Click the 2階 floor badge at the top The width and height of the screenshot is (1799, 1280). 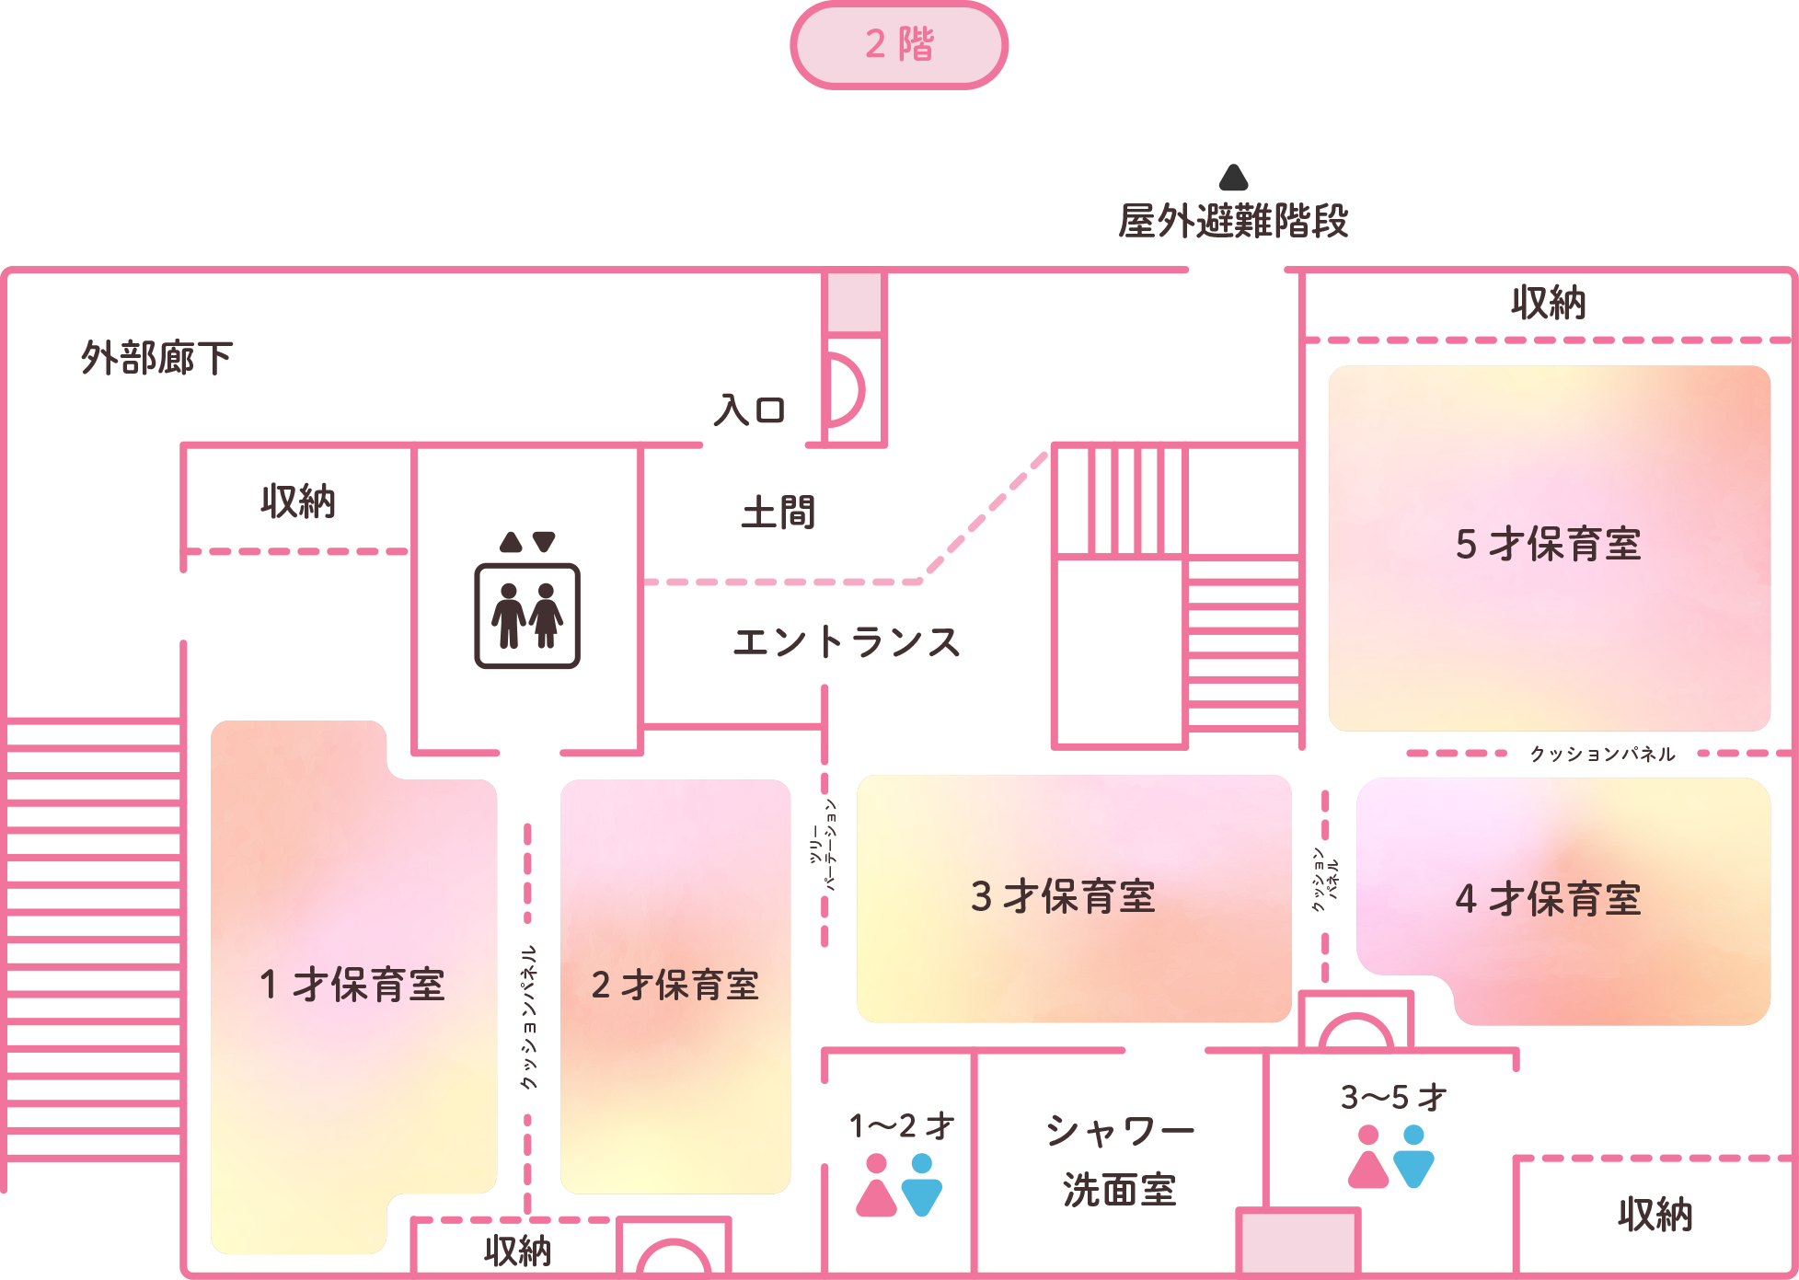tap(899, 45)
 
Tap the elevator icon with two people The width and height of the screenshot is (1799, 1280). tap(526, 615)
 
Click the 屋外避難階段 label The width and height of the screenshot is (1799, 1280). tap(1233, 221)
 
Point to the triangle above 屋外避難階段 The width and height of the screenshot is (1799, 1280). tap(1233, 177)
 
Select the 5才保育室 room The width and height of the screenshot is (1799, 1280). tap(1549, 547)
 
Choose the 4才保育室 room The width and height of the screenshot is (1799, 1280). tap(1549, 900)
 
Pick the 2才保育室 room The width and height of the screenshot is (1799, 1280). tap(675, 986)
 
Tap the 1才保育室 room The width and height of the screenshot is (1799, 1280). tap(353, 986)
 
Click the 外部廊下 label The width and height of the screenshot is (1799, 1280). tap(156, 358)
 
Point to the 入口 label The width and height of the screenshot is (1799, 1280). tap(750, 410)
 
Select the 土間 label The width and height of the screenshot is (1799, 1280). tap(778, 513)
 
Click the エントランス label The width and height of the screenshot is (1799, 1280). tap(847, 642)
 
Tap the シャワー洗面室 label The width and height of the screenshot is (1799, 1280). tap(1120, 1159)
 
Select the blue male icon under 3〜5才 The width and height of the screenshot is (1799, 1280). tap(1413, 1157)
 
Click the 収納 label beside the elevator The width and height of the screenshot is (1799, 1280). tap(297, 502)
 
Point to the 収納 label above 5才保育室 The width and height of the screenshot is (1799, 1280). tap(1549, 303)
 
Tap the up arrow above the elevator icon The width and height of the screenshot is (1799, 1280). tap(510, 542)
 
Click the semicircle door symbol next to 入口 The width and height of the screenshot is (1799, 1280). tap(846, 392)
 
